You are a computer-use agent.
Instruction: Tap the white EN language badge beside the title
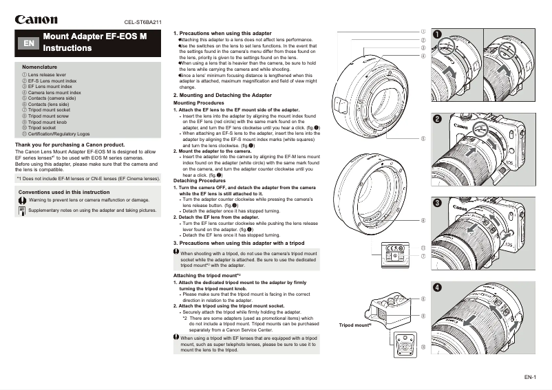click(29, 43)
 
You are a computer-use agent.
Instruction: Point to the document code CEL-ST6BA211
click(143, 22)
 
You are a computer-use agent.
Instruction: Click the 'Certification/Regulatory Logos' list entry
click(59, 133)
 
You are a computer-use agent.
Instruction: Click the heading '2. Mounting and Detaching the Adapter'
click(222, 95)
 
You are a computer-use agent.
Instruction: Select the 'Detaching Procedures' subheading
click(199, 180)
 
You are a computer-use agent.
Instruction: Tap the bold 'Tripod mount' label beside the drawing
click(355, 324)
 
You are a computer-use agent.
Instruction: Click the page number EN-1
click(529, 377)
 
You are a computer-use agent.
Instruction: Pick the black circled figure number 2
click(438, 119)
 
